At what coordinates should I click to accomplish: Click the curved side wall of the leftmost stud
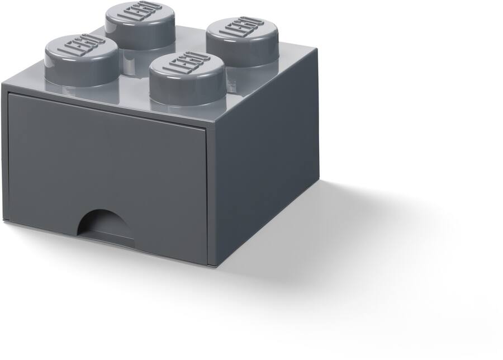coord(81,72)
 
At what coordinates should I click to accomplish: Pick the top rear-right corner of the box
coord(317,49)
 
